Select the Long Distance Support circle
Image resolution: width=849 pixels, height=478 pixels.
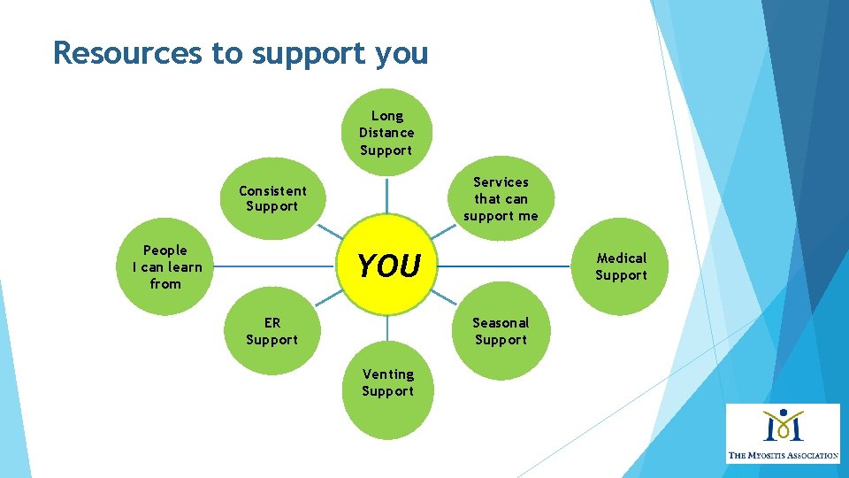(x=386, y=133)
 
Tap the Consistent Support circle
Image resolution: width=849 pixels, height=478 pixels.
(x=272, y=199)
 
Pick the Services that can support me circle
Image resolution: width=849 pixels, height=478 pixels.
(x=501, y=199)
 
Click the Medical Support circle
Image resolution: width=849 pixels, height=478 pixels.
(x=621, y=266)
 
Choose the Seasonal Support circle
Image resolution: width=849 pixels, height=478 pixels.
(x=501, y=332)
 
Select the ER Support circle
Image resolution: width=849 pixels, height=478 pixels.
(x=272, y=332)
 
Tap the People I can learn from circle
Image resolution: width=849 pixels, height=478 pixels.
(x=166, y=266)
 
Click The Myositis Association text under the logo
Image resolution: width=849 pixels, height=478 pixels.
(x=783, y=455)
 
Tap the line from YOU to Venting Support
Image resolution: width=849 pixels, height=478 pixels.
(x=387, y=334)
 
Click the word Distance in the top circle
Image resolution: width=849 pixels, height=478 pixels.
(x=386, y=133)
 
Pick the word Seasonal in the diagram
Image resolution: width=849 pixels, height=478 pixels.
(x=501, y=323)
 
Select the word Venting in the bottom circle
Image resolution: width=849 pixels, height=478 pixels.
(x=387, y=374)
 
